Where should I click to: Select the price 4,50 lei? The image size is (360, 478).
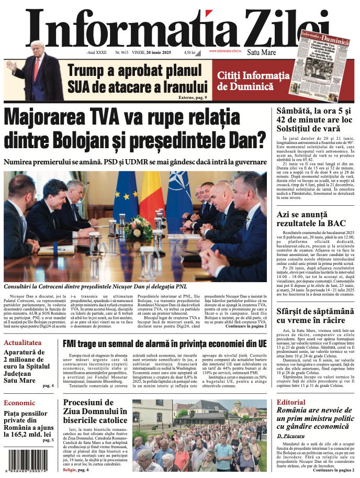189,53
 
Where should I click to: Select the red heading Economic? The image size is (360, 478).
19,403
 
